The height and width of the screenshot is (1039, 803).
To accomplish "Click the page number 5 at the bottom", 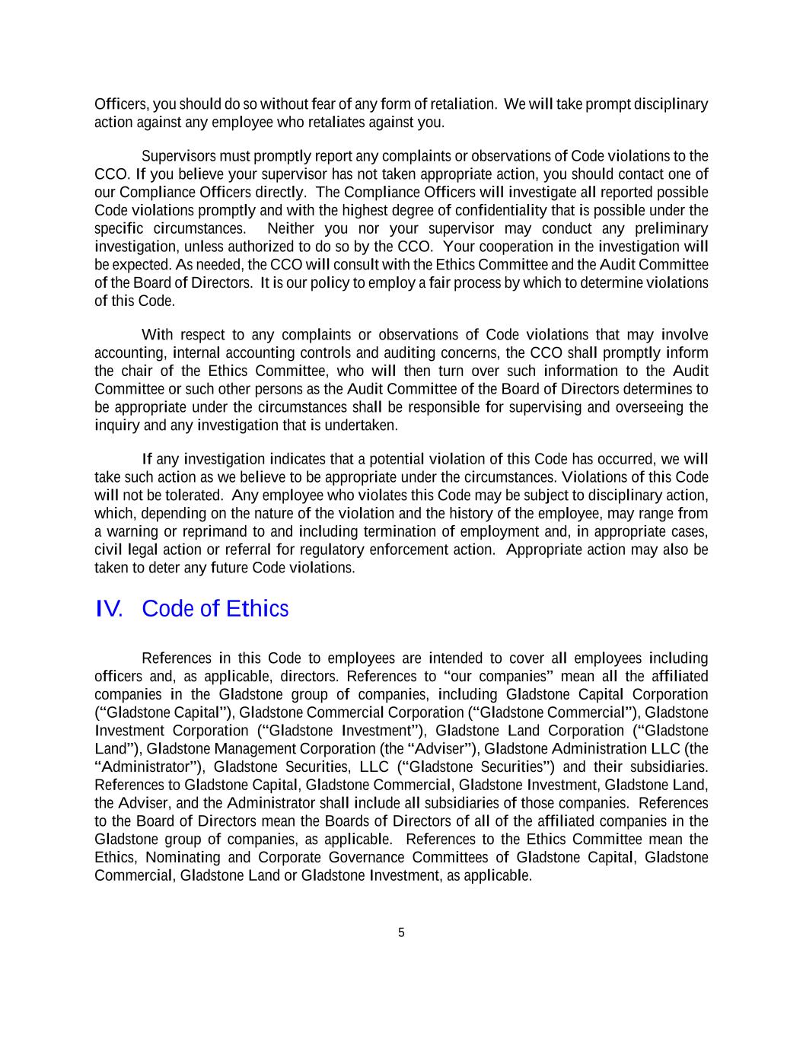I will coord(401,933).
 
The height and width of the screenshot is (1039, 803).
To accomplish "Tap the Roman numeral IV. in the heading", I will coord(110,609).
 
